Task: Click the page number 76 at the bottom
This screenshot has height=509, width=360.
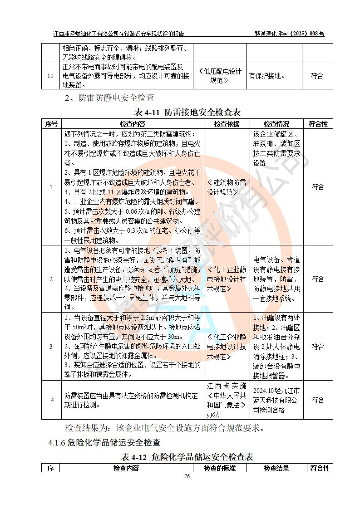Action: tap(186, 476)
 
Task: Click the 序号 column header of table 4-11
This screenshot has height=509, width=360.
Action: tap(51, 124)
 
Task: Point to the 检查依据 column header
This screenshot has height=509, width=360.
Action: tap(227, 124)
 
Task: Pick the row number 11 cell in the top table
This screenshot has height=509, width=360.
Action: tap(51, 75)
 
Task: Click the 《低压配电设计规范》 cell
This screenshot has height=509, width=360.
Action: tap(220, 75)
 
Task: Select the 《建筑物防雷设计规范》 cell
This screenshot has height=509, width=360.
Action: tap(227, 187)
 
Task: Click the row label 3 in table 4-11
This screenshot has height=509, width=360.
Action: tap(51, 347)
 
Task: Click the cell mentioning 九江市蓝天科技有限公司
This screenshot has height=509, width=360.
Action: tap(276, 400)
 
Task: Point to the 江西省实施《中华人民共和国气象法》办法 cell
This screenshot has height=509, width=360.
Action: tap(227, 400)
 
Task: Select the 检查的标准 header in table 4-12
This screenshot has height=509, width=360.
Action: tap(220, 468)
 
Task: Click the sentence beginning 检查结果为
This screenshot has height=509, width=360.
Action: tap(165, 428)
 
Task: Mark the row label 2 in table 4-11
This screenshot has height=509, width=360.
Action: tap(51, 279)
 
